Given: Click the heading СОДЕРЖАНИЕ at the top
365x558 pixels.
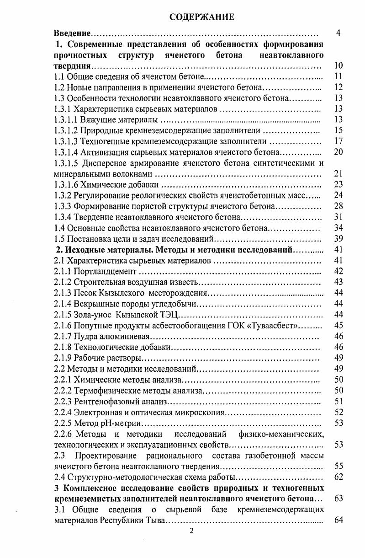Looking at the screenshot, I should (x=201, y=17).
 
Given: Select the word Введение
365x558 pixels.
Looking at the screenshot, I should (x=72, y=34).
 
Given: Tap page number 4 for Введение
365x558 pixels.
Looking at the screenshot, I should (x=338, y=33).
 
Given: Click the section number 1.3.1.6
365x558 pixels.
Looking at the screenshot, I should (x=68, y=185).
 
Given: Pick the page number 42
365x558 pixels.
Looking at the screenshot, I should (x=338, y=272).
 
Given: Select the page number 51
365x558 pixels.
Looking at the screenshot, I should (x=338, y=402).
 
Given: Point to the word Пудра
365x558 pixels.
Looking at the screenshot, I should (x=86, y=337).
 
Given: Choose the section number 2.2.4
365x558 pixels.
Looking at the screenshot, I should (x=63, y=413).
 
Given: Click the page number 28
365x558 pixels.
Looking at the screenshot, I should (x=338, y=207).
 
